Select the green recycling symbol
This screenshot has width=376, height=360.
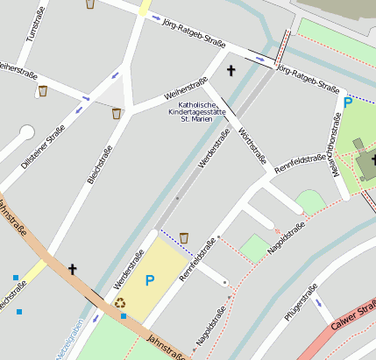tap(120, 303)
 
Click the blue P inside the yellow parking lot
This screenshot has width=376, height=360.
tap(149, 280)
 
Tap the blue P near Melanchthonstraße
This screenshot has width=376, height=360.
tap(348, 103)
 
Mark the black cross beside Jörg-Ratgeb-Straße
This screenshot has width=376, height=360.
tap(231, 69)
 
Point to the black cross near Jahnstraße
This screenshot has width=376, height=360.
tap(73, 269)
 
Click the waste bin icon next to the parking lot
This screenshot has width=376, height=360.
tap(184, 237)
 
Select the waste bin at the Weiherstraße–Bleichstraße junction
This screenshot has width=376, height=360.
tap(116, 113)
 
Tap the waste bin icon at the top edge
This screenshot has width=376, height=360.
tap(90, 4)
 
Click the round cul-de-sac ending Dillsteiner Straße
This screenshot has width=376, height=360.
tap(26, 133)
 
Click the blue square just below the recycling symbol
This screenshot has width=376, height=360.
tap(124, 316)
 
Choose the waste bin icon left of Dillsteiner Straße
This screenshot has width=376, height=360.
tap(42, 90)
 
